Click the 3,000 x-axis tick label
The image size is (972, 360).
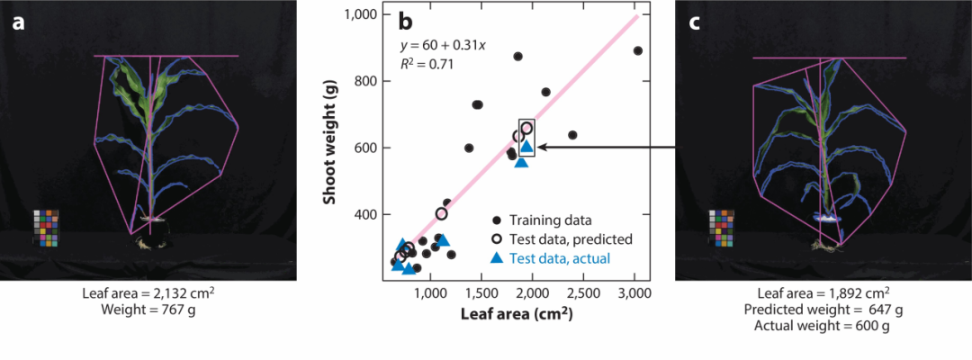[634, 293]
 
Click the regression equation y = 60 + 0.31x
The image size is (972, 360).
[444, 45]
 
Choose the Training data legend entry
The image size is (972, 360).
[550, 219]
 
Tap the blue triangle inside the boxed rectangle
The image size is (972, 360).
[527, 147]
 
